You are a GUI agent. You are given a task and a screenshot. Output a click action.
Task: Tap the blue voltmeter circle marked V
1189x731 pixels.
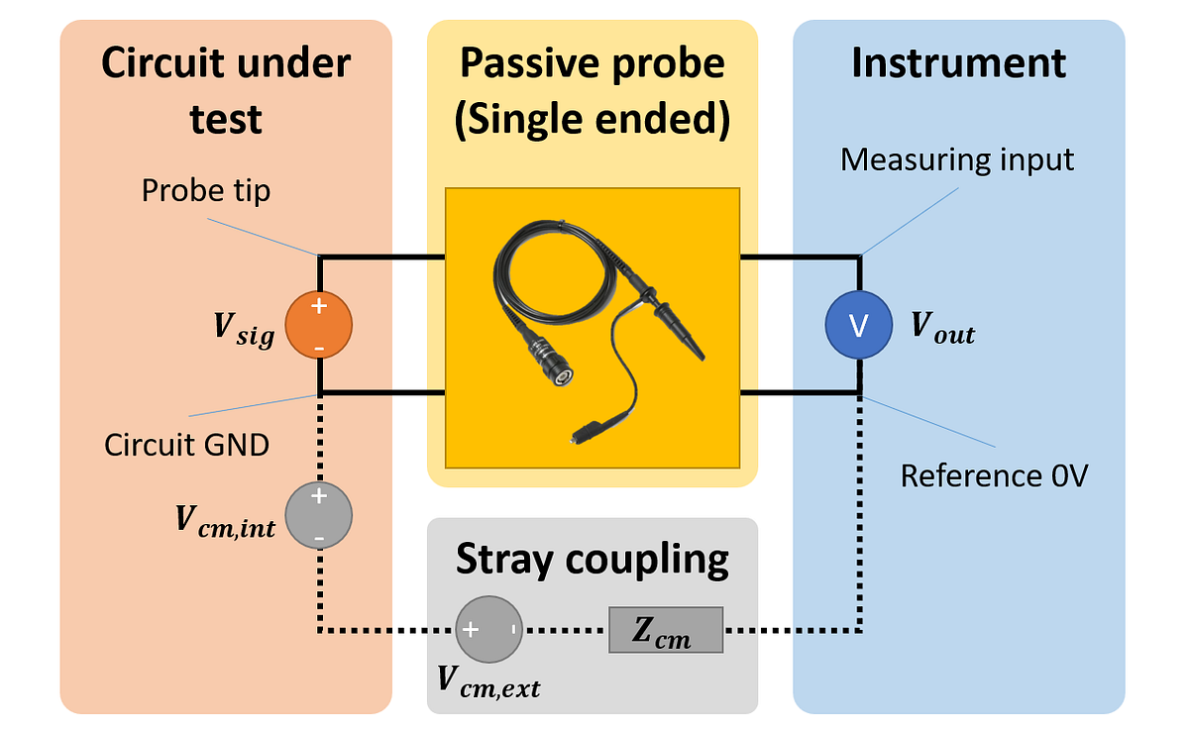(x=859, y=325)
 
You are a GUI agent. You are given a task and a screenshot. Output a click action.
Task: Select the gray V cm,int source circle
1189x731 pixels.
(x=319, y=515)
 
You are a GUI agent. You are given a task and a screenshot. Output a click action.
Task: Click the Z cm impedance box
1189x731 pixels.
(x=666, y=630)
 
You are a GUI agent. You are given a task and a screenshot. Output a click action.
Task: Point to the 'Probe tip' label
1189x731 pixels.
(x=206, y=190)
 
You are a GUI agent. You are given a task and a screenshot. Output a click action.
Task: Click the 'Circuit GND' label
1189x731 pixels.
(x=186, y=444)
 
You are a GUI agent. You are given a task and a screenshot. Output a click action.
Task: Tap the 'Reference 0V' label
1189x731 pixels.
(x=994, y=475)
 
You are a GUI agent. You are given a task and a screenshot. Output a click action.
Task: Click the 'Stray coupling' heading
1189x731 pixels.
(x=593, y=560)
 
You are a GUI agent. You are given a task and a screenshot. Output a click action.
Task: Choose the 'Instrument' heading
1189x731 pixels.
(x=958, y=62)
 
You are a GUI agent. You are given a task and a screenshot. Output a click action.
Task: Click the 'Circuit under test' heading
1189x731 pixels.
(x=226, y=91)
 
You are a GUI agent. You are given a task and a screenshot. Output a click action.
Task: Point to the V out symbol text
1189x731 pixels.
(x=942, y=330)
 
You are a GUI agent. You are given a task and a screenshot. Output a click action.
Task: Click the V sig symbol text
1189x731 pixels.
(x=244, y=326)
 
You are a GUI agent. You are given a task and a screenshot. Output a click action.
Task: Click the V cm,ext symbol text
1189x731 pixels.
(x=488, y=682)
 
